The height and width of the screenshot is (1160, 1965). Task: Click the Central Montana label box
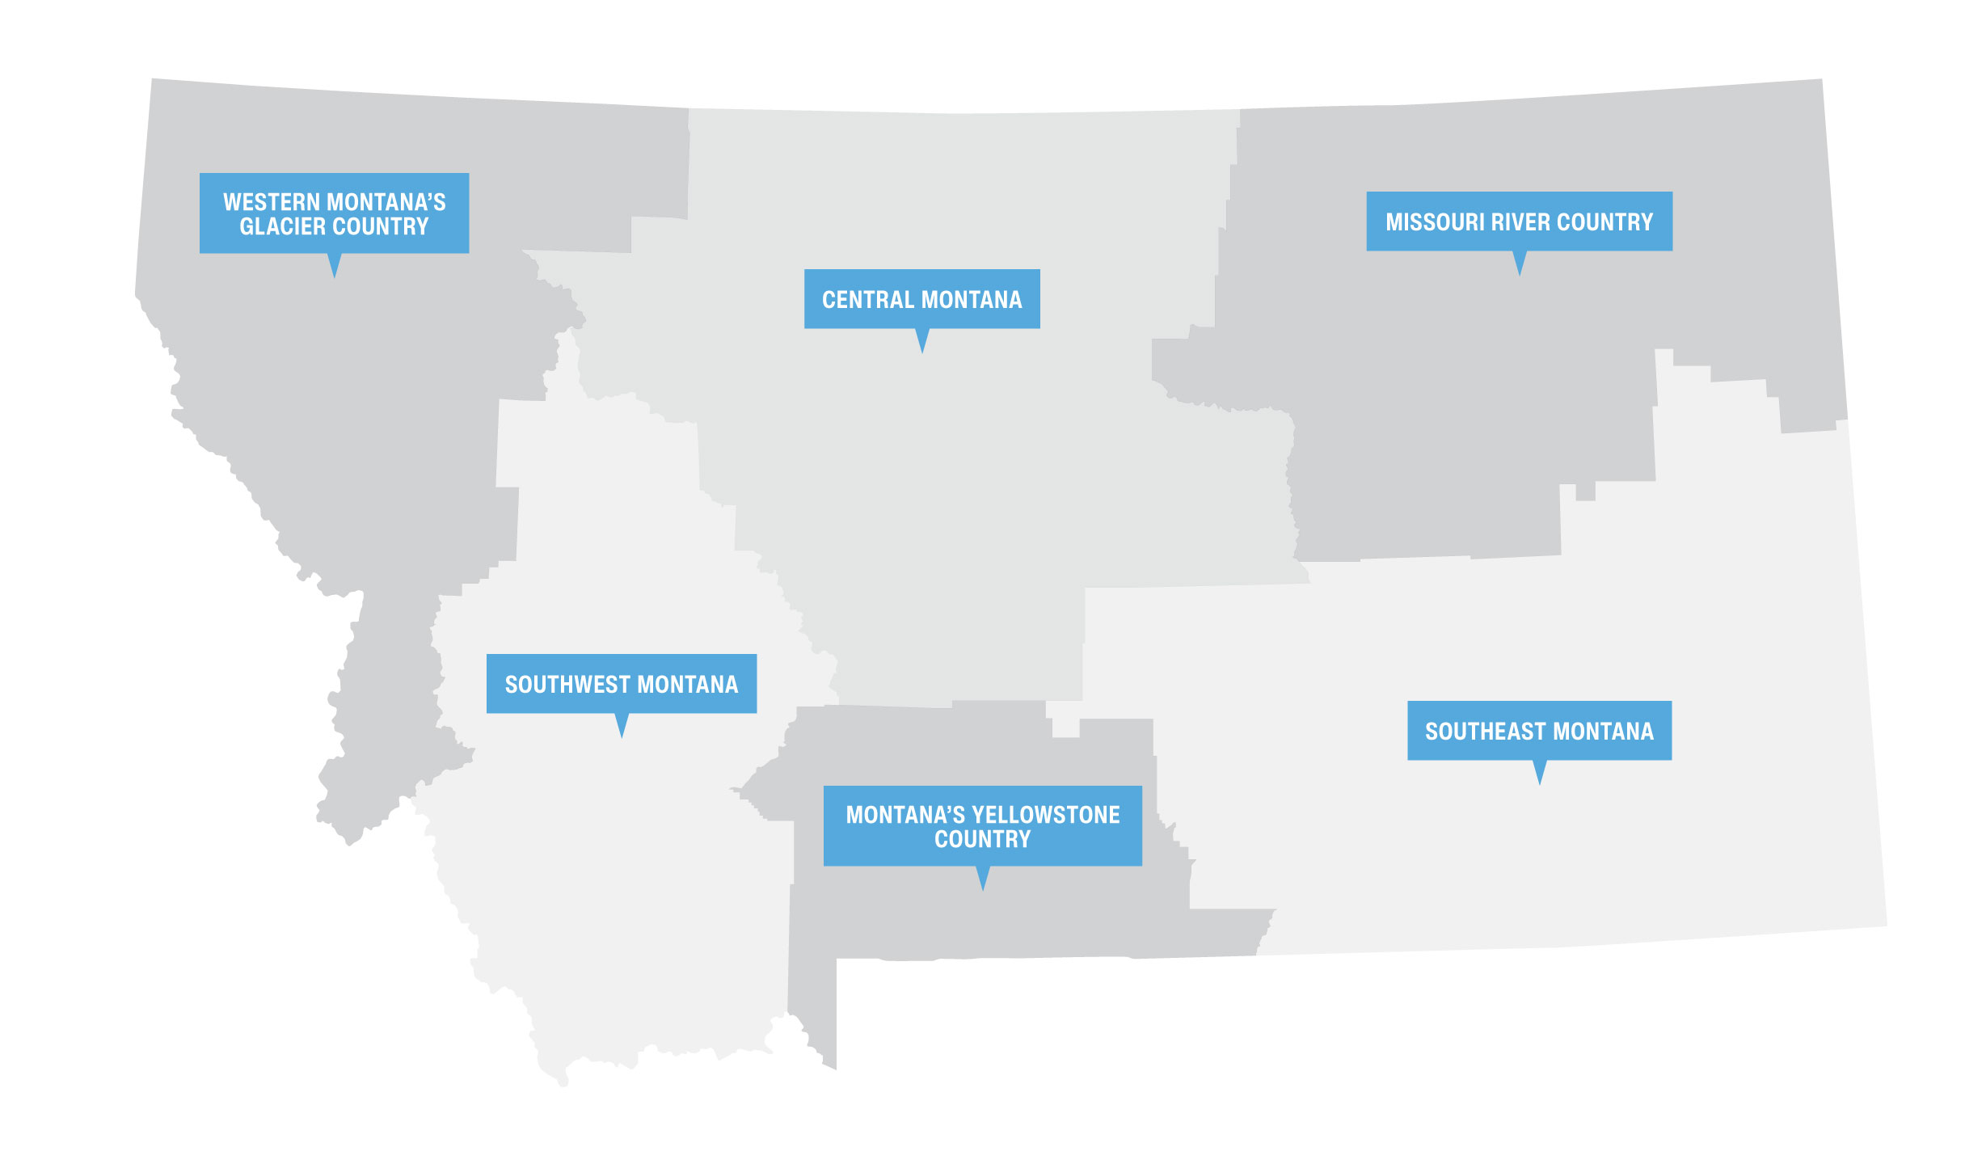click(921, 298)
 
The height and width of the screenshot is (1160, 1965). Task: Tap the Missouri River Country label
click(1519, 221)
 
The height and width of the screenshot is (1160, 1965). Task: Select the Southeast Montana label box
click(1539, 730)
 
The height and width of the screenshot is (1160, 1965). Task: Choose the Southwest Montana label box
click(621, 683)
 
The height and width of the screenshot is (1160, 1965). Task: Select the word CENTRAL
click(867, 300)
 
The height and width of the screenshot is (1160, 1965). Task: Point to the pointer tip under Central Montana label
click(921, 351)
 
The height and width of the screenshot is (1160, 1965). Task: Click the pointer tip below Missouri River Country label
click(1519, 273)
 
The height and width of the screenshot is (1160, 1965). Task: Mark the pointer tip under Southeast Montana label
click(1540, 782)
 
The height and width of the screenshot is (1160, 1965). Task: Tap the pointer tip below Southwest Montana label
click(622, 736)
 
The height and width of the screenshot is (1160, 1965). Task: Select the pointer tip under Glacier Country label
click(334, 276)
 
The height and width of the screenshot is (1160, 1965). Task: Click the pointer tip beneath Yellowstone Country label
click(983, 888)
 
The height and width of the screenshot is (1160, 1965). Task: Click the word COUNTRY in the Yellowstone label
click(982, 839)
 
